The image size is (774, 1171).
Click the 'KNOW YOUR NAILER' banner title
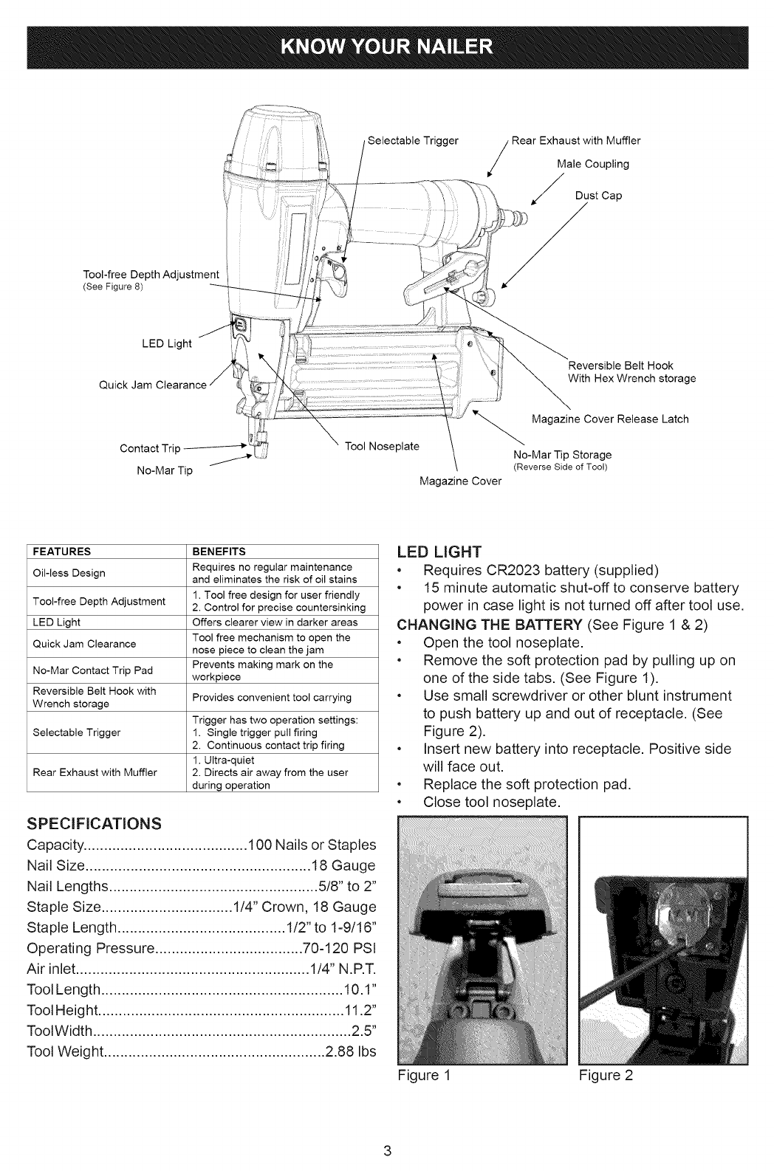(386, 48)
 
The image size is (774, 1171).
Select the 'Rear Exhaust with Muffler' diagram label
(577, 140)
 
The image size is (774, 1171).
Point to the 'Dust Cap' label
(598, 196)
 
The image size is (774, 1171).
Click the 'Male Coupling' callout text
(593, 164)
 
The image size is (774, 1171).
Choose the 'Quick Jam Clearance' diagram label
(152, 385)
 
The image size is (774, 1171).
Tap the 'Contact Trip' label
(149, 448)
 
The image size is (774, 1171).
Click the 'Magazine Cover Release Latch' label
(610, 419)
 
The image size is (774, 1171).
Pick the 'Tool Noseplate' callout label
(383, 446)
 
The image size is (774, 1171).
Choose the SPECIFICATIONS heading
(94, 823)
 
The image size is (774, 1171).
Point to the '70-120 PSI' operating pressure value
(340, 948)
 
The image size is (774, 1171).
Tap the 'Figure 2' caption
(606, 1075)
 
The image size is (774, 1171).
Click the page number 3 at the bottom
(386, 1150)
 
